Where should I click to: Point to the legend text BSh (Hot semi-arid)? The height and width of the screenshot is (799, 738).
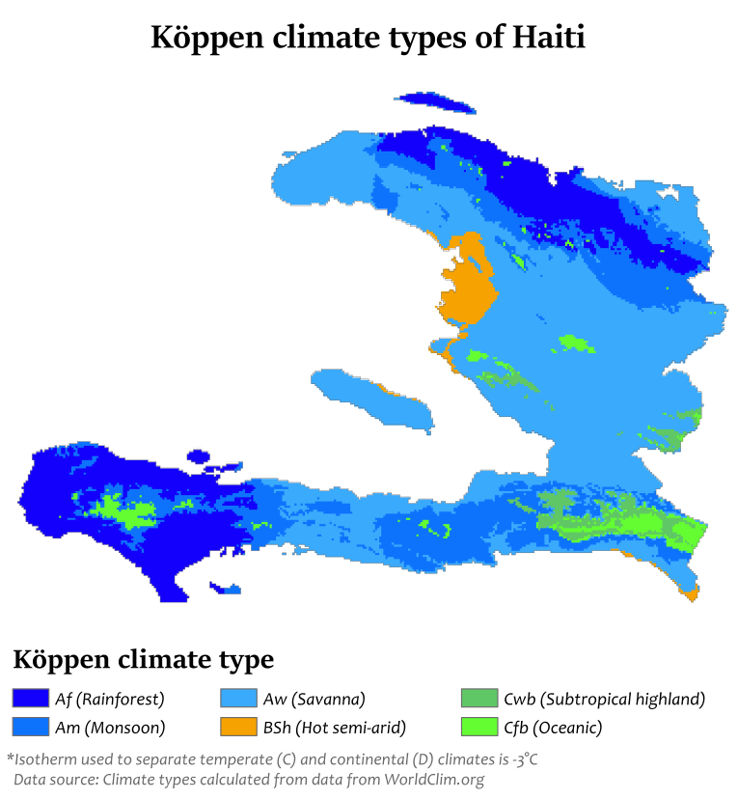(334, 727)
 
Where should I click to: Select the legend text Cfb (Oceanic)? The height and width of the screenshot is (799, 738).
(553, 727)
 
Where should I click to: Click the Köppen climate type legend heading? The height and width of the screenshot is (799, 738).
(143, 660)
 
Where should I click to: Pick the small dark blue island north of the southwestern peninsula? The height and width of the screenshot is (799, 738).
(199, 456)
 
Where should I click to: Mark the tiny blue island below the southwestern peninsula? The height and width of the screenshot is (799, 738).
(228, 588)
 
